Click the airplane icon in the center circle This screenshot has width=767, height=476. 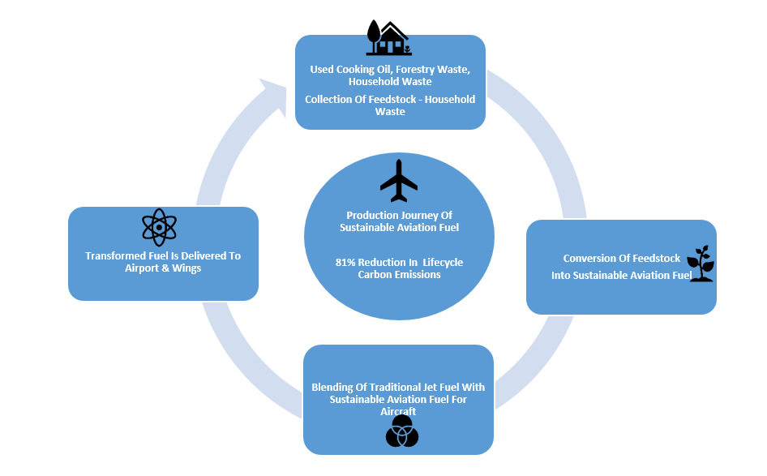tap(399, 181)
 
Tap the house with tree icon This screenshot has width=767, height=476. tap(387, 38)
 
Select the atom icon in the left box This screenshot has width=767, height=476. tap(159, 227)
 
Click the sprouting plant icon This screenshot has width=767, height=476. tap(701, 264)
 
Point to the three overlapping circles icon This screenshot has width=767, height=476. tap(402, 431)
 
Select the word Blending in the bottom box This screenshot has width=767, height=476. tap(332, 387)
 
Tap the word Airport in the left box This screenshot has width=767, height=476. tap(144, 268)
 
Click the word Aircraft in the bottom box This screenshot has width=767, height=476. tap(398, 411)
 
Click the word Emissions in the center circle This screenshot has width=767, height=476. tap(418, 274)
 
